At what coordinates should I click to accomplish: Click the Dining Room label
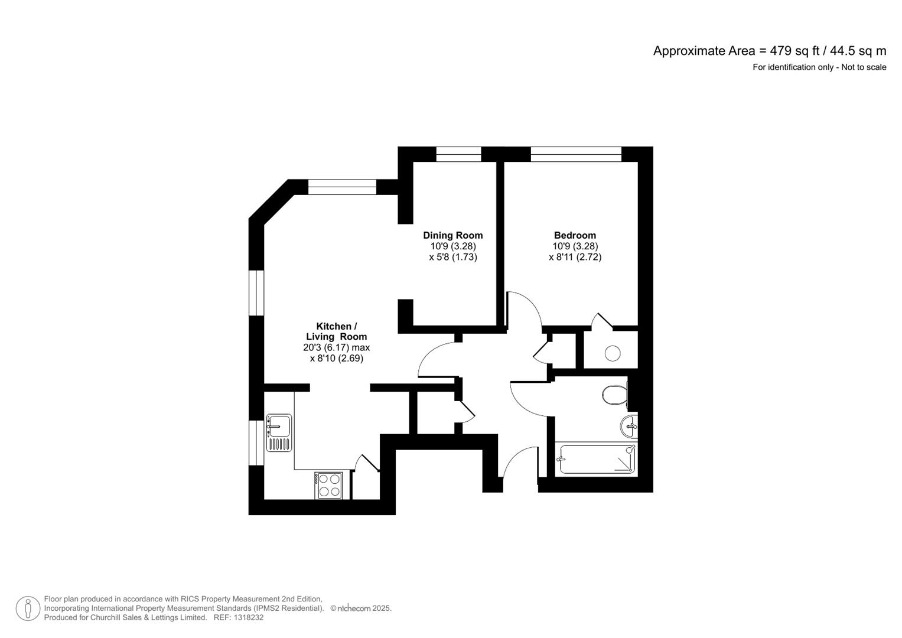click(452, 235)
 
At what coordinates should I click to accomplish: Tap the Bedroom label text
click(575, 235)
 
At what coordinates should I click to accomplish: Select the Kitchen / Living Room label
click(336, 331)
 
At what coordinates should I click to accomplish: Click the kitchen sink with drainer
click(279, 432)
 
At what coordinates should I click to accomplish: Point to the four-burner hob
click(329, 485)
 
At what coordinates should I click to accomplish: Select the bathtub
click(597, 459)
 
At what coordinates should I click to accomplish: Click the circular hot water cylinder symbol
click(613, 353)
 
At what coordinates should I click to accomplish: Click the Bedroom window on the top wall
click(576, 154)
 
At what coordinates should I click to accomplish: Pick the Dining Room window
click(458, 154)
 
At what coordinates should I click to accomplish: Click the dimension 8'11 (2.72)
click(575, 257)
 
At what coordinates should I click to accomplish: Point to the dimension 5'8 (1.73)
click(452, 257)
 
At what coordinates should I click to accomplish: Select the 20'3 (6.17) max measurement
click(336, 347)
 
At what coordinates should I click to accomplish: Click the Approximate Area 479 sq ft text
click(769, 51)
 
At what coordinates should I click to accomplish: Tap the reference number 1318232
click(249, 617)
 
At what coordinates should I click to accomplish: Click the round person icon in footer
click(28, 608)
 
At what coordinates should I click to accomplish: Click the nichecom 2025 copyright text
click(361, 608)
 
